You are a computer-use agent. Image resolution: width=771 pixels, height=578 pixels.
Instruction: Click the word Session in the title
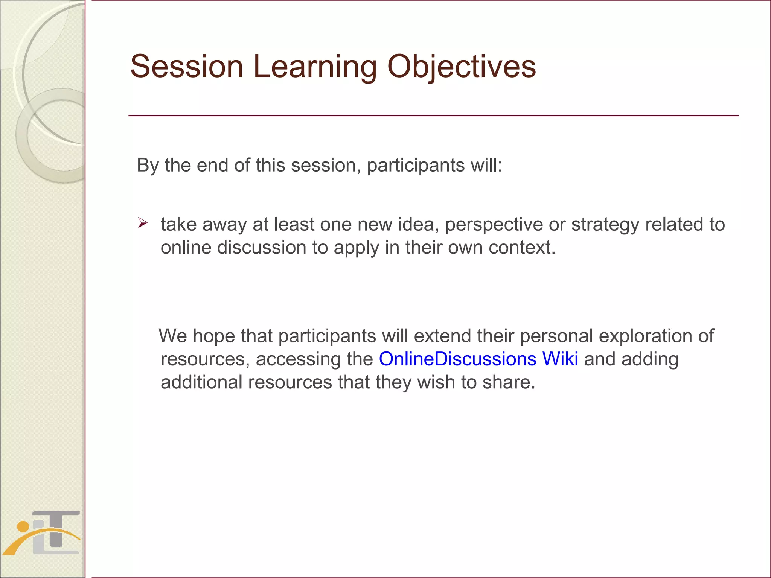187,66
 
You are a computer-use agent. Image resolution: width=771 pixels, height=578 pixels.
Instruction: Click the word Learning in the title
315,66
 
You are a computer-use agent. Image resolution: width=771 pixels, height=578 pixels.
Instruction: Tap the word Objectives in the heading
461,66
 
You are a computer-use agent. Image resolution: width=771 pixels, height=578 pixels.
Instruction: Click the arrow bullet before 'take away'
142,223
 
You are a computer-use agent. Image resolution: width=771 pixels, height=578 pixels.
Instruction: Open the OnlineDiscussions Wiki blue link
478,359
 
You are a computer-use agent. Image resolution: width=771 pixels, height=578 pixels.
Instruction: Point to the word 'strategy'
605,224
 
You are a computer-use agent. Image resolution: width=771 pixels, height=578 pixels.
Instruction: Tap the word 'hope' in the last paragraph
214,335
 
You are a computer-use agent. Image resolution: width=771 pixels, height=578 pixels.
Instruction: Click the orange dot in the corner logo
23,526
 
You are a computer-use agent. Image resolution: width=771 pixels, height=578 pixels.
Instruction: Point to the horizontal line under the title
433,116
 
